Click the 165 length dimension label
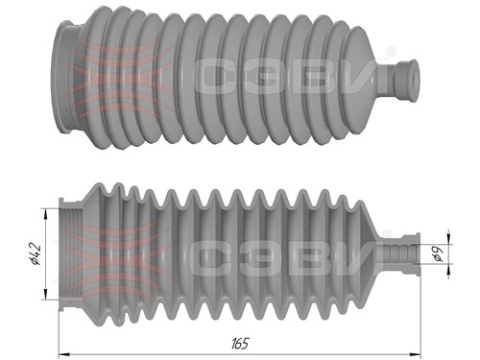(x=240, y=344)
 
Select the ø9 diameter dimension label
(x=438, y=254)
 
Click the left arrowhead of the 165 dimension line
(x=64, y=354)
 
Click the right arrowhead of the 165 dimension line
(x=415, y=354)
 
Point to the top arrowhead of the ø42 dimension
(x=45, y=214)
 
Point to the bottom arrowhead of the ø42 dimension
(x=45, y=295)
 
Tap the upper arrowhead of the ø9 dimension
(x=448, y=239)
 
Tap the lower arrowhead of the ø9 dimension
(x=448, y=270)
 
